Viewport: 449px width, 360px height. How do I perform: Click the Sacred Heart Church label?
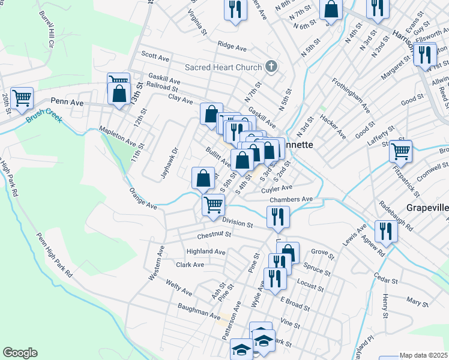coord(223,67)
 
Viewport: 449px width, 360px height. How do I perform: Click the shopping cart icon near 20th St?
coord(22,97)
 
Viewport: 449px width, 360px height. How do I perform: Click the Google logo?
coord(20,353)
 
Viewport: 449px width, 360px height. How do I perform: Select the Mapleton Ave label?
coord(118,136)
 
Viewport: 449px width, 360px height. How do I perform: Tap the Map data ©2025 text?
coord(423,355)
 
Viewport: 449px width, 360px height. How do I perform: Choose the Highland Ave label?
coord(205,252)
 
